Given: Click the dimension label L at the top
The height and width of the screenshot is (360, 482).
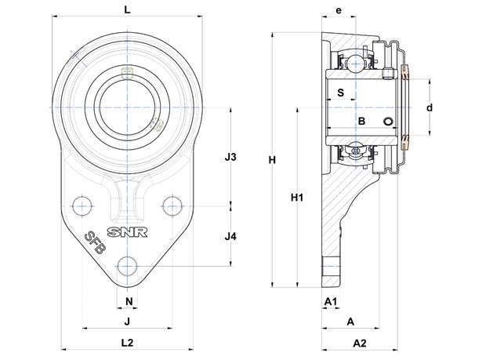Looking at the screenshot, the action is click(x=127, y=9).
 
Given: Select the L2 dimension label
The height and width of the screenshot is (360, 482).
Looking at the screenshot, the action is click(x=127, y=343).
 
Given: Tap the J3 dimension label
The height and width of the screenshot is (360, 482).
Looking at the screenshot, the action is click(x=230, y=157).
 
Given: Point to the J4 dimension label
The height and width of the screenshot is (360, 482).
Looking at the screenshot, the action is click(x=230, y=237).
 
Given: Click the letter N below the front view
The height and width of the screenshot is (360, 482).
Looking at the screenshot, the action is click(x=129, y=301).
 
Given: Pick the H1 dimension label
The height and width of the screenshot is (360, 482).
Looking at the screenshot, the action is click(x=297, y=198).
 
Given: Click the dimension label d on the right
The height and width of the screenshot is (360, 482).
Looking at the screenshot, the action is click(x=429, y=107).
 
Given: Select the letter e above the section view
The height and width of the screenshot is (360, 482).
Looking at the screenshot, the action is click(x=339, y=10).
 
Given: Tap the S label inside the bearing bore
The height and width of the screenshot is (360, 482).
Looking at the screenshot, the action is click(x=341, y=93).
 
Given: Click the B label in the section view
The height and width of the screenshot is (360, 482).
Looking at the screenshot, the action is click(x=362, y=122).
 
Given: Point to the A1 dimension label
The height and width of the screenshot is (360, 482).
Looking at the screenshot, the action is click(x=331, y=302).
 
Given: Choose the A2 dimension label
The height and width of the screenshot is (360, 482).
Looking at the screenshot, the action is click(x=360, y=343).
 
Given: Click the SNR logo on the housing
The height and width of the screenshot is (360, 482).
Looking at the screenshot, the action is click(x=127, y=232).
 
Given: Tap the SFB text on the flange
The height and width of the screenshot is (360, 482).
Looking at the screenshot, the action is click(x=95, y=242).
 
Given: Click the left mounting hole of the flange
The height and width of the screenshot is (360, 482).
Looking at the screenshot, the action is click(x=82, y=205).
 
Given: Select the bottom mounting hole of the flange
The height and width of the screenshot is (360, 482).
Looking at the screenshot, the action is click(x=127, y=266).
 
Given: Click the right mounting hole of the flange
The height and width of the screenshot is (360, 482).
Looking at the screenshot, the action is click(x=172, y=205).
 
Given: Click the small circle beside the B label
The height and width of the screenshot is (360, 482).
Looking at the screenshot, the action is click(x=388, y=122).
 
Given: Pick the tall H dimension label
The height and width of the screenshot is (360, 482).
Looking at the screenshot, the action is click(x=272, y=160).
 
